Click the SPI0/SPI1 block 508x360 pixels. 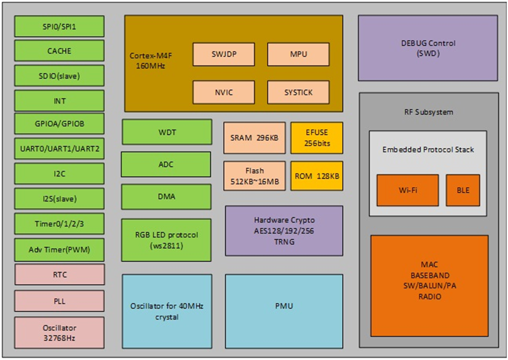59,27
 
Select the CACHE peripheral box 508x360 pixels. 59,51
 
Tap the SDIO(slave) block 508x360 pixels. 59,76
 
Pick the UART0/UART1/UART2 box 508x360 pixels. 59,150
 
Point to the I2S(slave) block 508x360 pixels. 59,199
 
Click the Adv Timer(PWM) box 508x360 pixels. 59,249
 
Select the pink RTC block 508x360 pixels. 59,275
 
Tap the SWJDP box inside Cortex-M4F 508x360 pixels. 224,54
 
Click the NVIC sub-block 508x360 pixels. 224,92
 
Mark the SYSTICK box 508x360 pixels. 299,92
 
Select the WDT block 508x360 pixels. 167,132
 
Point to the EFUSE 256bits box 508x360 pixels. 317,138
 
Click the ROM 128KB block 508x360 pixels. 317,176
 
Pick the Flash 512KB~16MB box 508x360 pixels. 255,176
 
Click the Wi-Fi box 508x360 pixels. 407,190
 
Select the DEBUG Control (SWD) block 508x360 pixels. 428,48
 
